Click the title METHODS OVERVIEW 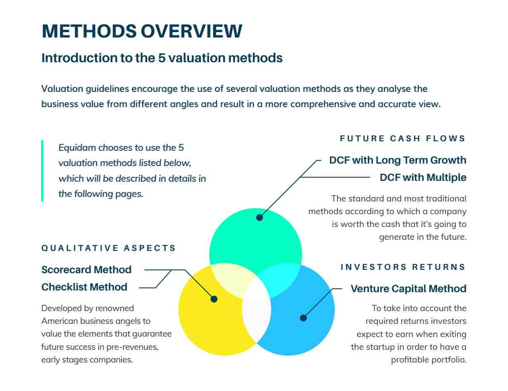click(x=142, y=31)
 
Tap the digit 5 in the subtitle click(x=162, y=58)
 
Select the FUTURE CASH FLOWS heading click(x=402, y=138)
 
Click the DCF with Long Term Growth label click(x=397, y=160)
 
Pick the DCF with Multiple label click(x=423, y=178)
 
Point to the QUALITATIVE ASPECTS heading click(x=108, y=248)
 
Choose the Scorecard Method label click(x=87, y=269)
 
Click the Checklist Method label click(x=85, y=287)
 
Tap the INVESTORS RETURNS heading click(x=403, y=267)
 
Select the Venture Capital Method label click(x=408, y=289)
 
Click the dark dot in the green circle click(x=259, y=218)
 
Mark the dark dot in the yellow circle click(x=214, y=299)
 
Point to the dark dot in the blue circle click(x=303, y=318)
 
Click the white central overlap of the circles click(x=256, y=309)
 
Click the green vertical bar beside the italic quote click(x=42, y=171)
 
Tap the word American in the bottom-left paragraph click(x=59, y=321)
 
